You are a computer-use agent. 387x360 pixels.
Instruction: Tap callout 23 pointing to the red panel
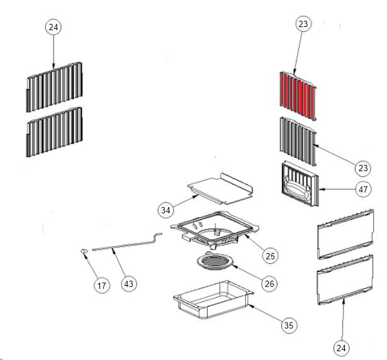point(303,25)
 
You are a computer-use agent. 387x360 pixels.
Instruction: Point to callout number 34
point(166,210)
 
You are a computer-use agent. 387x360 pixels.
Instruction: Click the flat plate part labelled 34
point(220,187)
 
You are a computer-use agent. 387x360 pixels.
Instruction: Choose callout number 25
point(270,256)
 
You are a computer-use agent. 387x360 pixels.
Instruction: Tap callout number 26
point(269,283)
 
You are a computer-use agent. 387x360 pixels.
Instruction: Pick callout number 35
point(288,325)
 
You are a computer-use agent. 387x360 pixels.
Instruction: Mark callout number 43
point(128,284)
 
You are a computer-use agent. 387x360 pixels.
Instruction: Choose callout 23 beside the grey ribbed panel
point(362,167)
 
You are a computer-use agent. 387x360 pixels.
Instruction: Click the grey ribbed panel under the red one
point(296,140)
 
